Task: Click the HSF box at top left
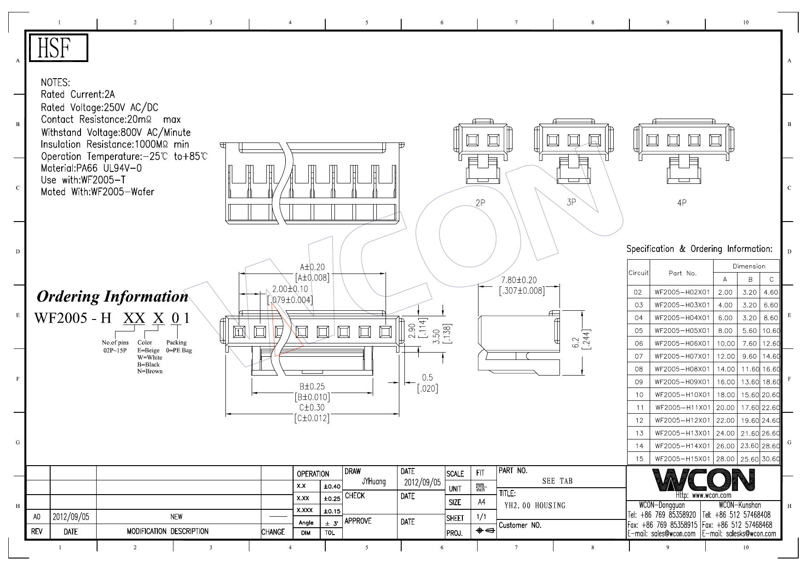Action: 58,48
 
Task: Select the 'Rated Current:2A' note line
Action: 78,95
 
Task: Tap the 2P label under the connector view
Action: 480,203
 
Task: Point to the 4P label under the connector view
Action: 682,203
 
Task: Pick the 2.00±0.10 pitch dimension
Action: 290,289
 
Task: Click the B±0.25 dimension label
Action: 312,387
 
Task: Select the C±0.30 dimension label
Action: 312,408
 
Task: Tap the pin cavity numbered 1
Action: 238,331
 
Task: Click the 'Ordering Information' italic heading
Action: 112,296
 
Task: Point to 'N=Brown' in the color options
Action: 150,371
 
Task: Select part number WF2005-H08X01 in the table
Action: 682,369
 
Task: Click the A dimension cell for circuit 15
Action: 725,459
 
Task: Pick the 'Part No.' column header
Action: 682,273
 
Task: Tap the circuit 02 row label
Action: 638,292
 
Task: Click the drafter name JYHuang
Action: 374,482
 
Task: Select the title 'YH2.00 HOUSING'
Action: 535,506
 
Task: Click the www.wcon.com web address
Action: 703,496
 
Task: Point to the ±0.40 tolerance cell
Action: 332,486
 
